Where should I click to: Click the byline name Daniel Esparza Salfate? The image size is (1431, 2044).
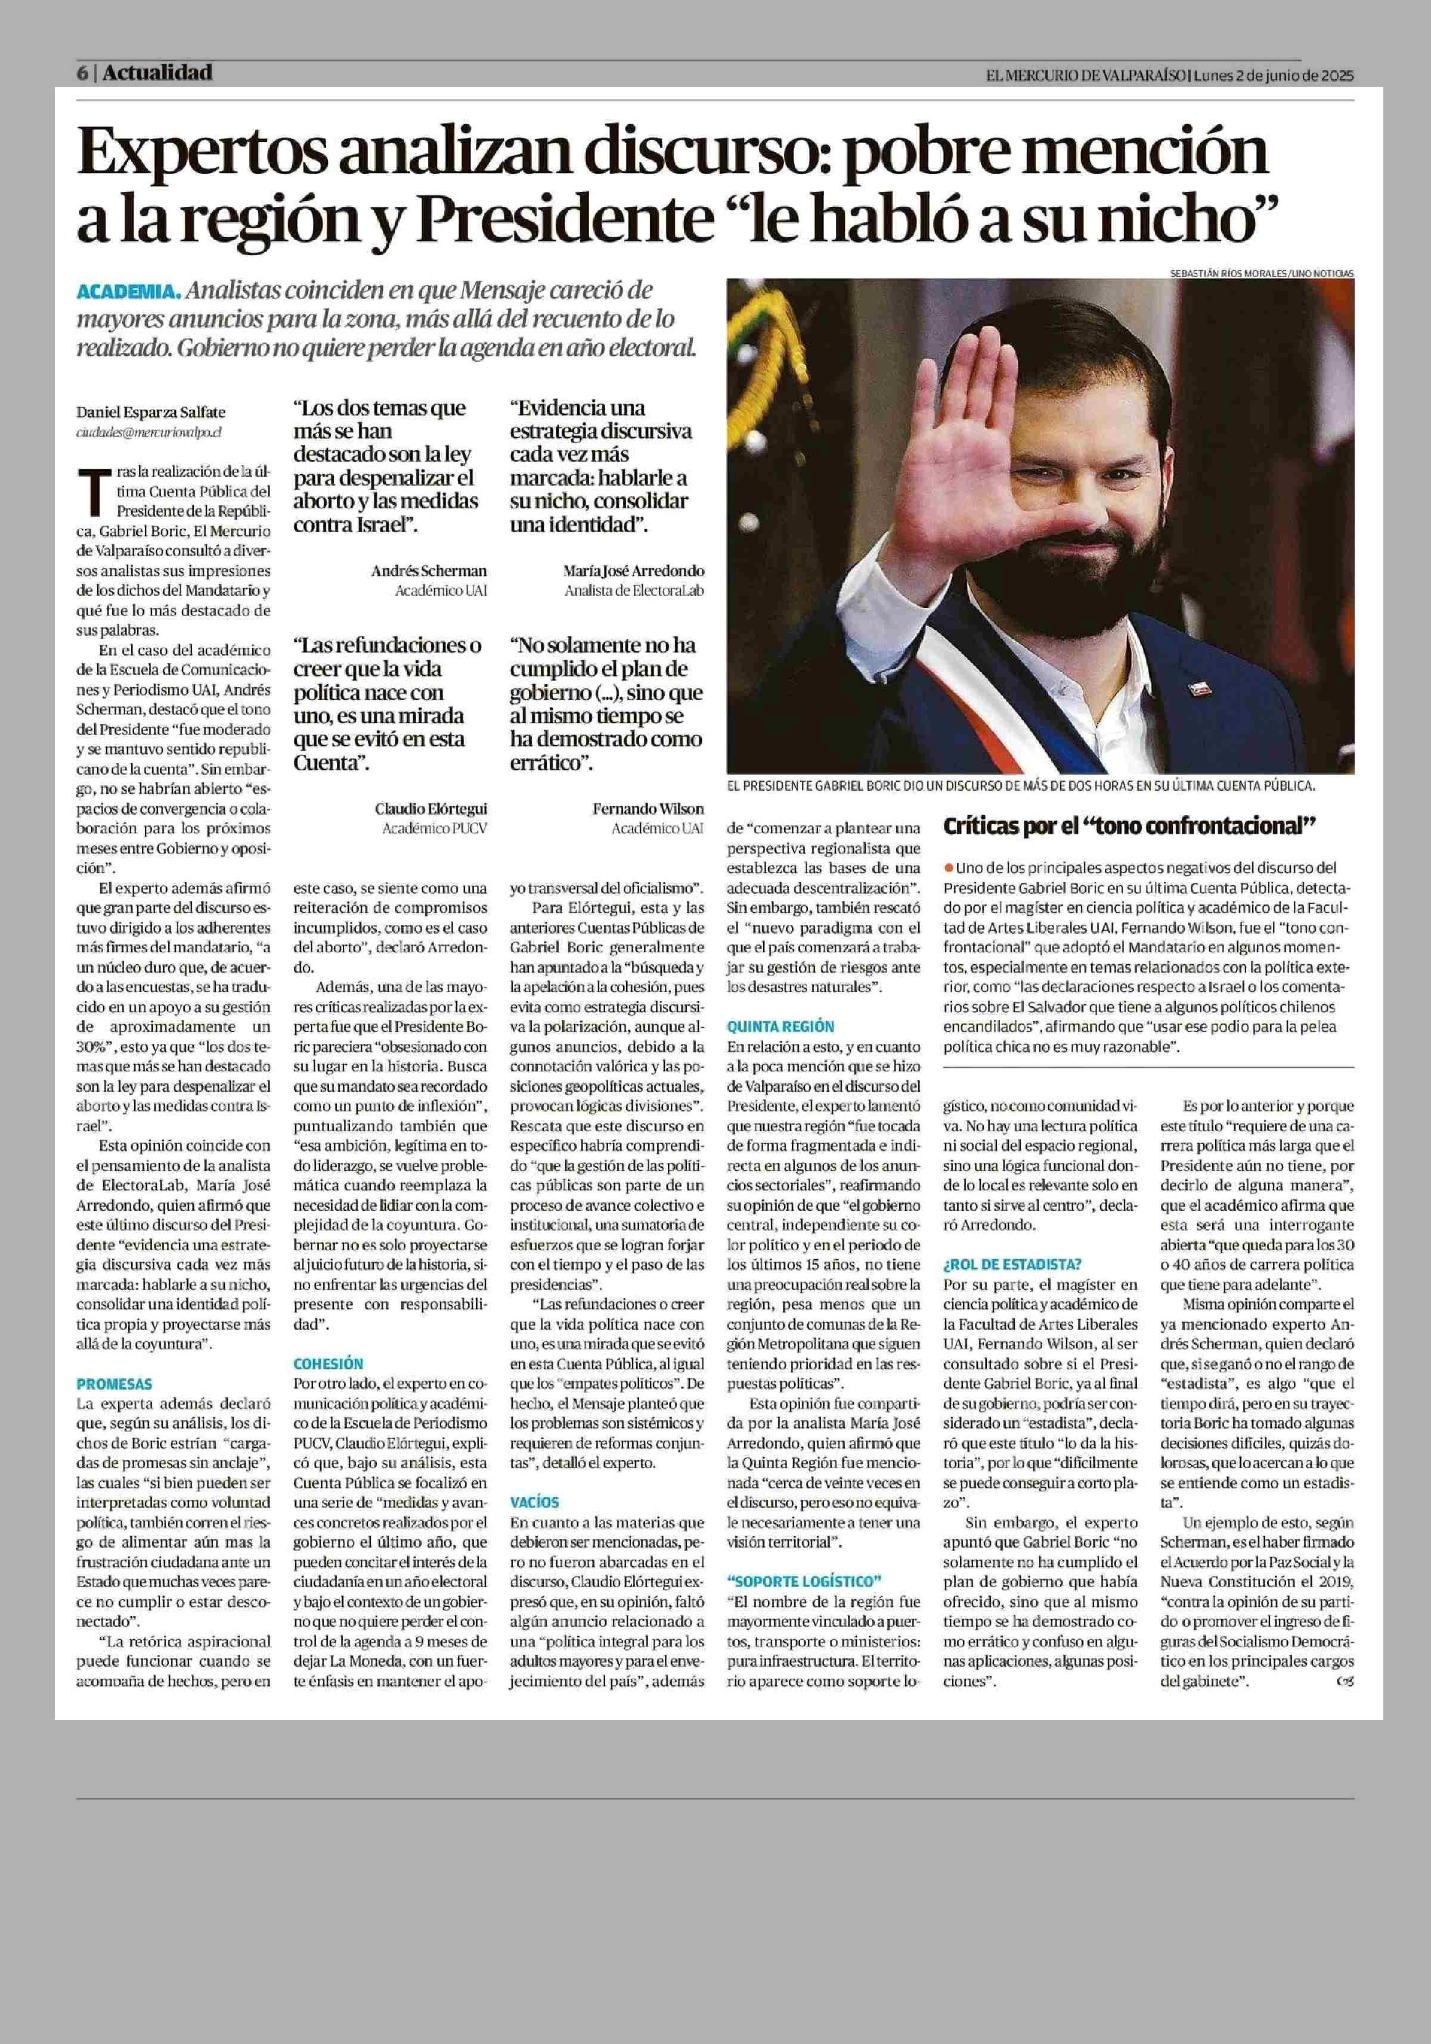[x=150, y=412]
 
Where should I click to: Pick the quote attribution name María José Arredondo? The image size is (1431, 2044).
[x=633, y=571]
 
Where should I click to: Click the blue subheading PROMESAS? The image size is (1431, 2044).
[x=114, y=1384]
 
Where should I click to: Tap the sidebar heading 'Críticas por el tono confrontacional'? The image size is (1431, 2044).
[x=1129, y=826]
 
